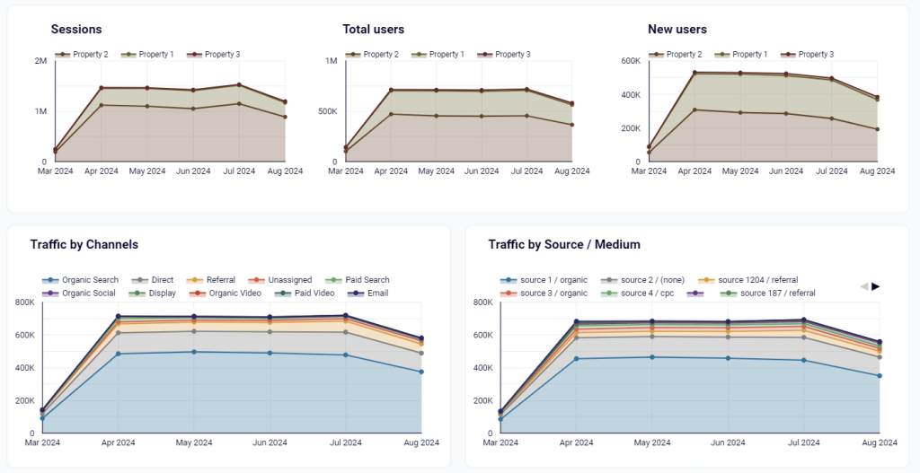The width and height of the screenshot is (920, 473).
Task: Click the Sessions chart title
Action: click(x=76, y=30)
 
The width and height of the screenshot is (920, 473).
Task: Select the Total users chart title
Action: click(x=374, y=30)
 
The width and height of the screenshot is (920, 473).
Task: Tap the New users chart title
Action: click(x=677, y=30)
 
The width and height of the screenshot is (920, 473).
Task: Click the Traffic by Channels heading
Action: click(x=84, y=244)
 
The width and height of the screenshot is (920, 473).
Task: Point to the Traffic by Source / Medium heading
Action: click(x=564, y=244)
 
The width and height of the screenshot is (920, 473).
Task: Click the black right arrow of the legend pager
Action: click(x=876, y=286)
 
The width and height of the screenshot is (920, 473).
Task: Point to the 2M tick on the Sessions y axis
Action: click(x=40, y=61)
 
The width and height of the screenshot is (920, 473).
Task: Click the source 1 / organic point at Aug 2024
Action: click(x=880, y=376)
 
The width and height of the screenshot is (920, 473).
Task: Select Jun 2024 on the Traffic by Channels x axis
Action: click(x=270, y=442)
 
